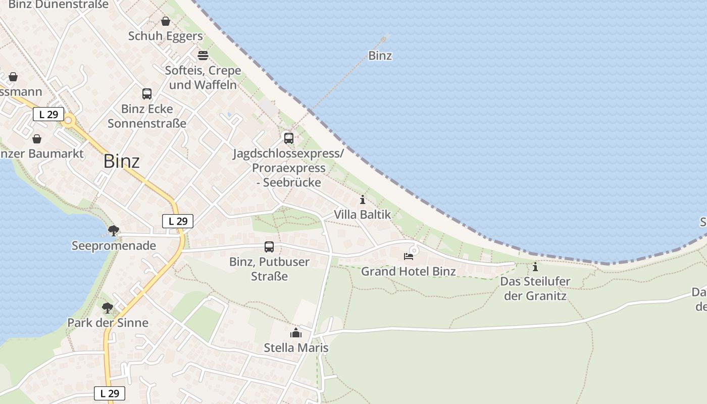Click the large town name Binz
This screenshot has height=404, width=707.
click(x=121, y=161)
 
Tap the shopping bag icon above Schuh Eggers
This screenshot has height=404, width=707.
click(x=165, y=21)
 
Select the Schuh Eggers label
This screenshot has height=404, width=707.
click(x=165, y=36)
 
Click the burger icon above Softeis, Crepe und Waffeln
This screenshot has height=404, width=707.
click(x=203, y=55)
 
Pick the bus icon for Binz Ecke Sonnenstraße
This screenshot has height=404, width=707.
click(x=147, y=94)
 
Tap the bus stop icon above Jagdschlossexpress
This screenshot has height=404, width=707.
click(x=288, y=138)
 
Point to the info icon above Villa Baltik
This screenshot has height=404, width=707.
click(x=362, y=199)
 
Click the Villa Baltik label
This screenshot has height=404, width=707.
click(x=362, y=215)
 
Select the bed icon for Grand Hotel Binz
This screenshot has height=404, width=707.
click(x=408, y=257)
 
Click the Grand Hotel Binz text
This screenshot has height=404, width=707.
click(x=408, y=271)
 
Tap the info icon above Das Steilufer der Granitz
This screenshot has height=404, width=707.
click(x=535, y=267)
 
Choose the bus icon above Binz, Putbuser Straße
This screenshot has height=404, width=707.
click(x=269, y=247)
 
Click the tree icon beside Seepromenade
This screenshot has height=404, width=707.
click(x=114, y=231)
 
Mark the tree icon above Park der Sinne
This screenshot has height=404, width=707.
click(x=108, y=308)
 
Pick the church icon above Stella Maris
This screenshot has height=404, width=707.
click(x=296, y=333)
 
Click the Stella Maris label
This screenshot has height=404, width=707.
click(x=296, y=348)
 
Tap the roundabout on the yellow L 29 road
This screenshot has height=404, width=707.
click(x=69, y=121)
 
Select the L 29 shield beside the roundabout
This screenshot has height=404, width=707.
click(x=48, y=114)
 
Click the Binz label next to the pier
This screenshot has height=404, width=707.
click(x=380, y=56)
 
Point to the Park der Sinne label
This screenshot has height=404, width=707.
click(x=108, y=323)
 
